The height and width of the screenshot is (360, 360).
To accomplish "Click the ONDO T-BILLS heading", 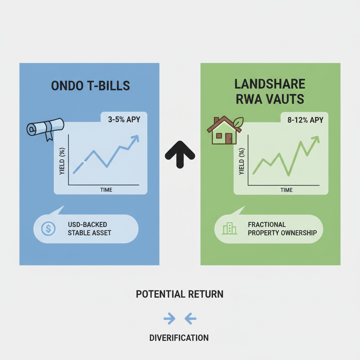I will pos(90,86).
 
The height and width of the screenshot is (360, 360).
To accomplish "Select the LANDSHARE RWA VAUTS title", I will pos(270,92).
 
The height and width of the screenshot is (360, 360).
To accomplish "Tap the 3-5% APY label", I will pos(124,120).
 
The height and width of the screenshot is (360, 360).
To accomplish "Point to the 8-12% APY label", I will pos(304,120).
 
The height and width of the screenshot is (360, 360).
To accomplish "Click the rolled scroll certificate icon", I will pos(45,128).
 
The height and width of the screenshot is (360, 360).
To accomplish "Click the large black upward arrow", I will pos(180,154).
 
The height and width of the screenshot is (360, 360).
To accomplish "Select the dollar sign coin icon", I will pos(48,229).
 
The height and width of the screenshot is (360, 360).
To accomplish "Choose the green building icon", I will pos(229,229).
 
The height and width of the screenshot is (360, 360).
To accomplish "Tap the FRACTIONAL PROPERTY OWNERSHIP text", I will pos(282,229).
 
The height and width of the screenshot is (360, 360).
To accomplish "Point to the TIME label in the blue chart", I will pos(106,190).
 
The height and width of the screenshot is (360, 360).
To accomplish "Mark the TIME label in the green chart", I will pos(286,190).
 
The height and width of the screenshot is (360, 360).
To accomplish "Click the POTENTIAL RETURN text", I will pos(180,294).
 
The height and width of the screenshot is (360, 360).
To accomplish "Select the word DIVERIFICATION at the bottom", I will pos(179,338).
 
